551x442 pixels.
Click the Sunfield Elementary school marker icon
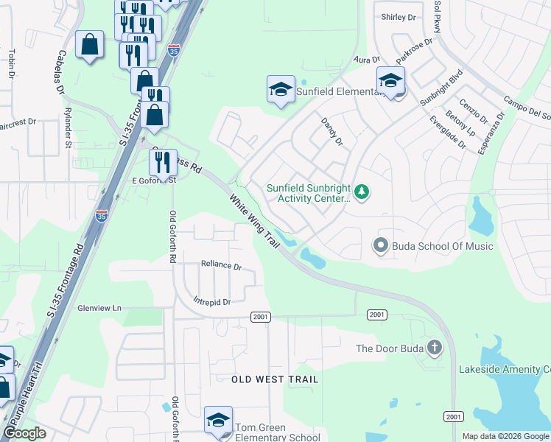[x=280, y=90]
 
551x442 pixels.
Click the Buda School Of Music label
[x=442, y=246]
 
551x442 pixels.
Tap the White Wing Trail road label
[x=254, y=220]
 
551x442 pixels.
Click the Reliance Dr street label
[x=222, y=265]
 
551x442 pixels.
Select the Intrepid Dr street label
[x=212, y=302]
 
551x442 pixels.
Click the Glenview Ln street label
[x=99, y=309]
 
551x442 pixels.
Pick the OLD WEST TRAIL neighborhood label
[x=275, y=379]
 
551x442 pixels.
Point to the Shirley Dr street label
[x=399, y=17]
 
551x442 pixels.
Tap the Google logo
[x=25, y=433]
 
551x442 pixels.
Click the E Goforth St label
[x=154, y=180]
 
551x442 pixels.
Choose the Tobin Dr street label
[x=12, y=63]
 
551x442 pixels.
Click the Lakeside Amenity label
[x=504, y=369]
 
